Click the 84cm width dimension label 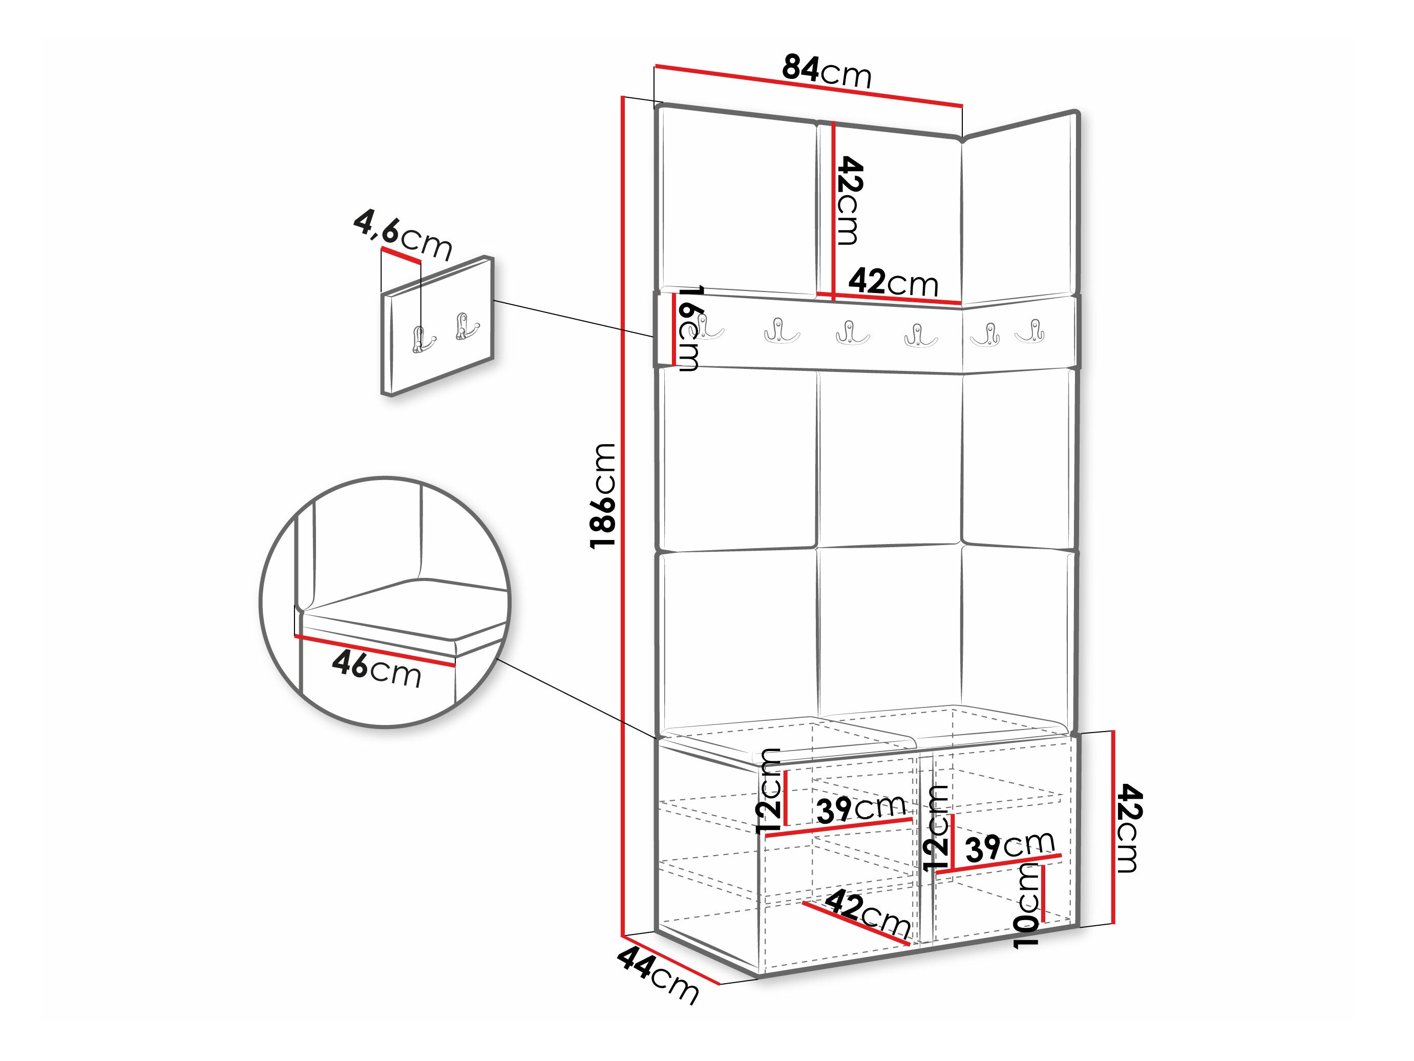pyautogui.click(x=827, y=72)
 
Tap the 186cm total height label pyautogui.click(x=603, y=495)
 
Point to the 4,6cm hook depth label pyautogui.click(x=403, y=236)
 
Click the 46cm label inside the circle pyautogui.click(x=376, y=669)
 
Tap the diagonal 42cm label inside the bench pyautogui.click(x=868, y=915)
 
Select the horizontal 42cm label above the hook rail pyautogui.click(x=893, y=282)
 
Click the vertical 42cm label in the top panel pyautogui.click(x=850, y=200)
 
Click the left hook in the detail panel pyautogui.click(x=420, y=339)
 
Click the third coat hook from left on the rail pyautogui.click(x=852, y=332)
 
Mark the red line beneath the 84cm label pyautogui.click(x=809, y=85)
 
